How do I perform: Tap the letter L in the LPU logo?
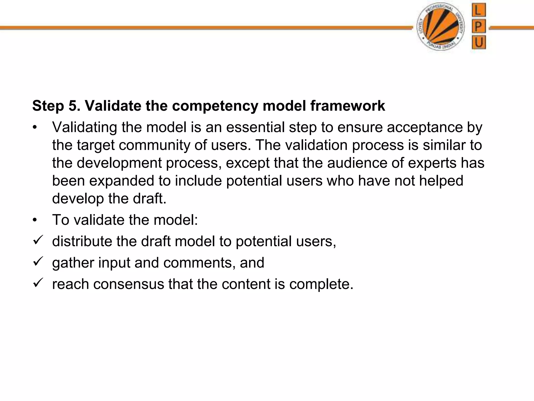478,11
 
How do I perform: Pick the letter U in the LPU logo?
478,42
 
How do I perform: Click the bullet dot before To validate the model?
35,220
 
